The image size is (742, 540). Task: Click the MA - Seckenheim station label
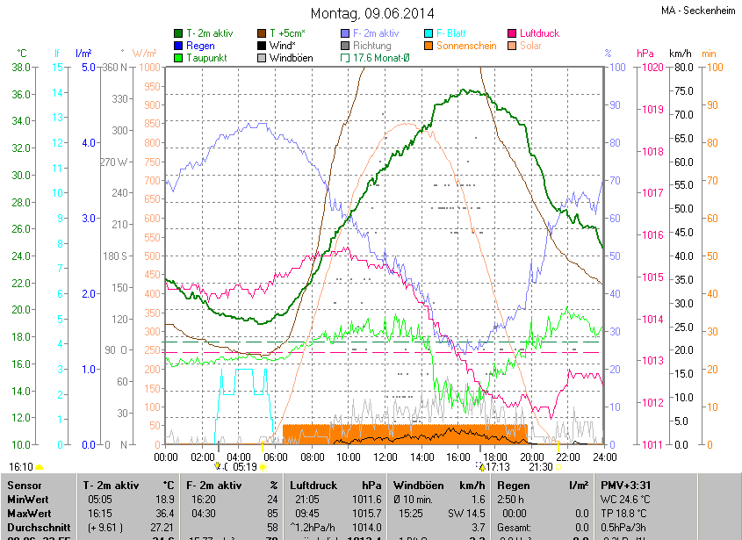coord(699,11)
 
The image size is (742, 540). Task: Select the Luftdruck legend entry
coord(539,33)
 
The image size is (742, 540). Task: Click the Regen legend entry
coord(200,46)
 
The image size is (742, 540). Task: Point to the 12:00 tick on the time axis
coord(385,457)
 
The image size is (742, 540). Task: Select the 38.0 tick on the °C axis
coord(21,67)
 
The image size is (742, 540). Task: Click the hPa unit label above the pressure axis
coord(645,54)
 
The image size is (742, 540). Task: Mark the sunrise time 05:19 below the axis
coord(244,467)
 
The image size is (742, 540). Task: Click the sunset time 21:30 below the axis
coord(541,467)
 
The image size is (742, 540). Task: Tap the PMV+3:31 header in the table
coord(626,485)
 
